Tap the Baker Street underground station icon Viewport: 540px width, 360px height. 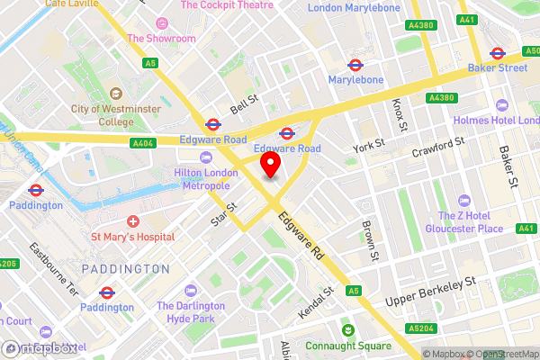(x=496, y=51)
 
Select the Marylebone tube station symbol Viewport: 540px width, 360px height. (x=355, y=65)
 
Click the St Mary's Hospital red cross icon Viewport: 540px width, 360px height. (x=133, y=221)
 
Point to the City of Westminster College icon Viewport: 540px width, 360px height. (x=115, y=94)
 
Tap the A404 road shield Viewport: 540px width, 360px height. (x=142, y=142)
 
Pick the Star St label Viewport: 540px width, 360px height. (x=224, y=213)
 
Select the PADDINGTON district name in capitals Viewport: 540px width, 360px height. (x=124, y=268)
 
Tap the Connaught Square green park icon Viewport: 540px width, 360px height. (x=342, y=330)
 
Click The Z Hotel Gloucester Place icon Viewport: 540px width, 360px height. (x=464, y=200)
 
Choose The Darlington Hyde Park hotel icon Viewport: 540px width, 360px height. (x=190, y=291)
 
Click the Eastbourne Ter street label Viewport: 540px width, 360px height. (x=55, y=260)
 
